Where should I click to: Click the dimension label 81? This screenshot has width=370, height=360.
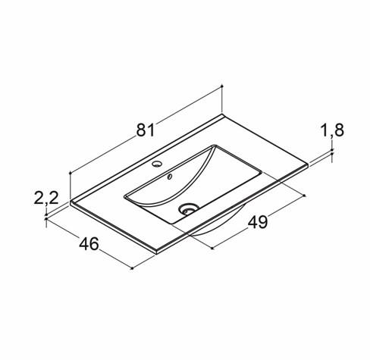(x=146, y=130)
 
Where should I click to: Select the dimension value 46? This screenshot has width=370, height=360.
(x=89, y=244)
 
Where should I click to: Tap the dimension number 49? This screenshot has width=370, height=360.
(x=258, y=222)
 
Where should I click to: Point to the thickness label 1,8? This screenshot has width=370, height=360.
(x=332, y=130)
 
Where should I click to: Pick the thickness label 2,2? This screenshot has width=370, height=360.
(x=46, y=198)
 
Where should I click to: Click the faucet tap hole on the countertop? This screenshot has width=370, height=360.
(x=157, y=164)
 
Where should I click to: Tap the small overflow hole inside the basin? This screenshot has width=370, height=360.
(x=170, y=176)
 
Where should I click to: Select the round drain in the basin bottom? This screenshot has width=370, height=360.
(x=189, y=209)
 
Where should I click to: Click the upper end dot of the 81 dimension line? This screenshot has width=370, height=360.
(x=221, y=86)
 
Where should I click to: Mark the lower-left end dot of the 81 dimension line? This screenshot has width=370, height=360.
(x=70, y=173)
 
